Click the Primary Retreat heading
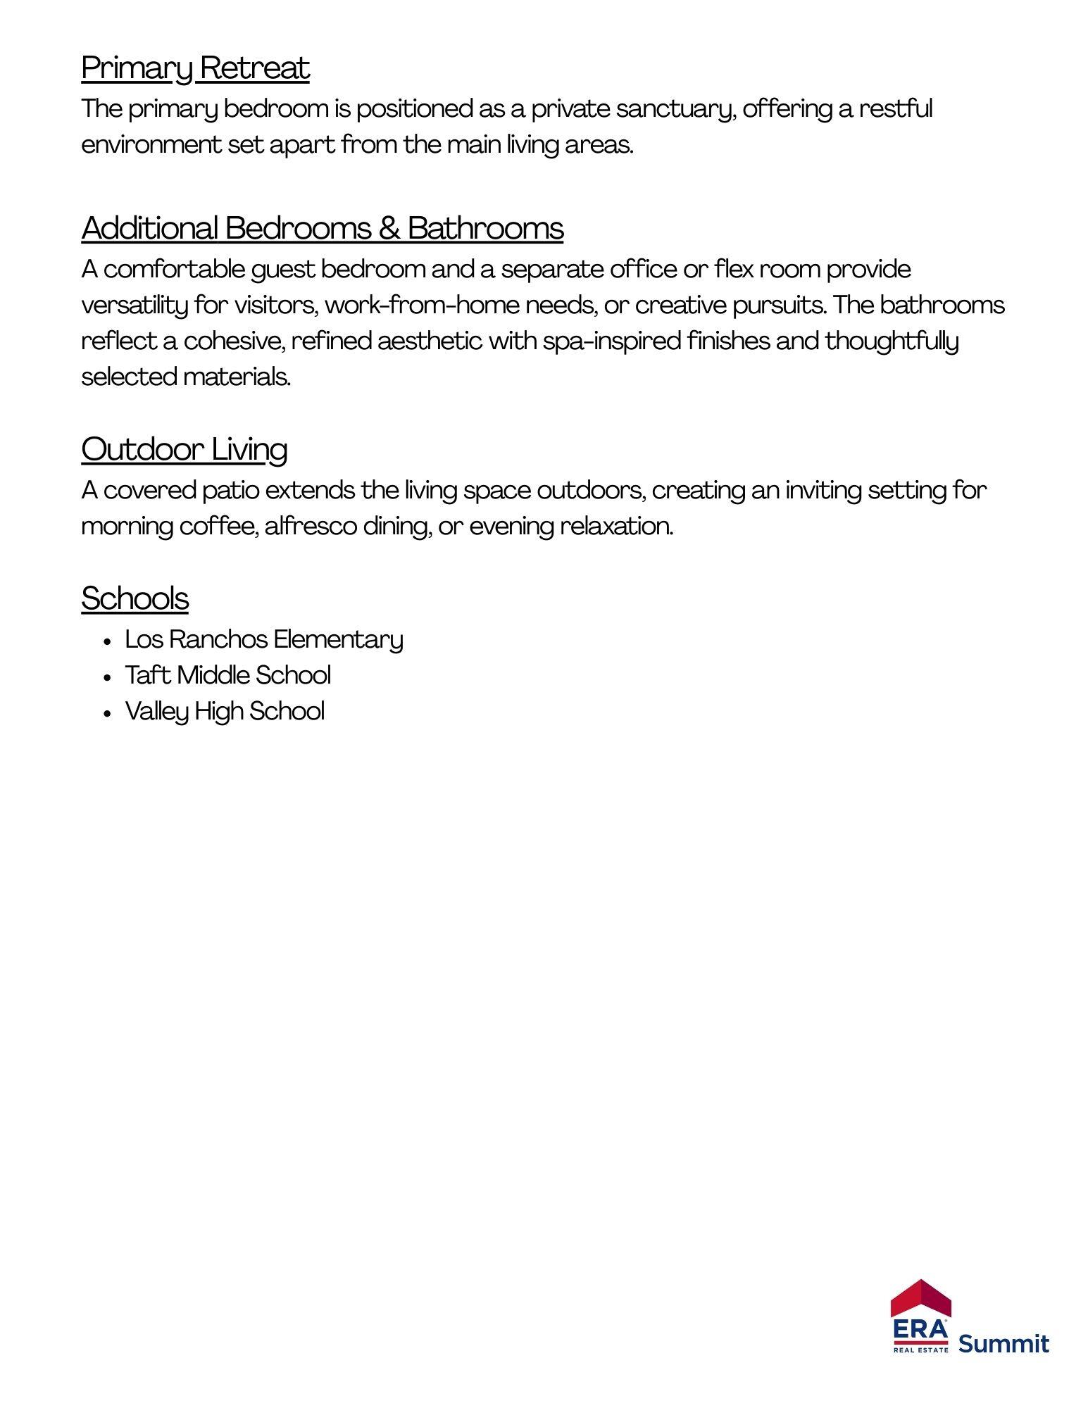click(x=195, y=69)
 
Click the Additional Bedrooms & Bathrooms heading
click(x=322, y=229)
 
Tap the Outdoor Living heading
click(x=184, y=450)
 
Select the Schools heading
click(x=135, y=599)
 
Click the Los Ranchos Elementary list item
click(x=263, y=640)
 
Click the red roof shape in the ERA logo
click(x=920, y=1298)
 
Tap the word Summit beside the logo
click(x=1003, y=1343)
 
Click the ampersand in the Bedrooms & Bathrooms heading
click(x=389, y=229)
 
